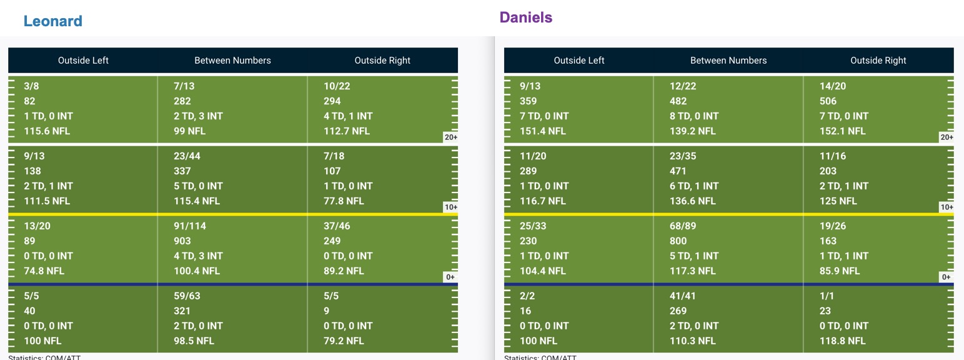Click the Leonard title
(52, 21)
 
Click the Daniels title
(526, 17)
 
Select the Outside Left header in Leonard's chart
(83, 60)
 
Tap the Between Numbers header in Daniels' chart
(728, 60)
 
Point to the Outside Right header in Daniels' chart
(878, 60)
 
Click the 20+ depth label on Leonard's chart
(450, 137)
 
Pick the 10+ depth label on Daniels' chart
(947, 207)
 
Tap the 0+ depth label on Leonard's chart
(450, 277)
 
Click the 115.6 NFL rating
(47, 131)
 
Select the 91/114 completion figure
(190, 226)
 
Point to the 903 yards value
(182, 241)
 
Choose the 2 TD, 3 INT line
(198, 116)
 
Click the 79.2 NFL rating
(344, 341)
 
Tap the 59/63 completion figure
(187, 296)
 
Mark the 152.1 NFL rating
(842, 131)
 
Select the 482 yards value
(678, 101)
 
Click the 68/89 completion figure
(682, 226)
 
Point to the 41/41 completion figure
(682, 296)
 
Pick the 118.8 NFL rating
(842, 341)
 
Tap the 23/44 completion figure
(187, 156)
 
